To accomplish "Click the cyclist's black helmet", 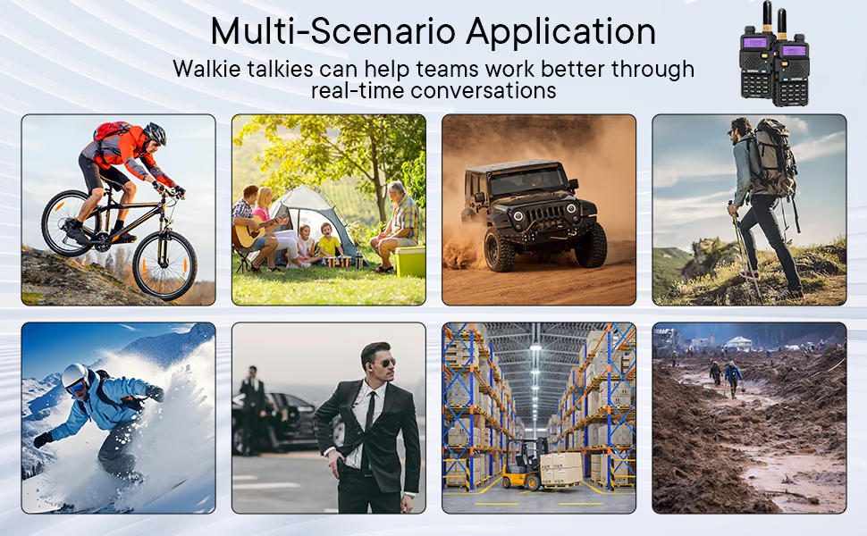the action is point(155,133).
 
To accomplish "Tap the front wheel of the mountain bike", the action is point(164,265).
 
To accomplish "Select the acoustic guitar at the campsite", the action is point(251,232).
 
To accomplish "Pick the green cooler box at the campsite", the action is point(409,261).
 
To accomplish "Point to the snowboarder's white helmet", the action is point(75,376).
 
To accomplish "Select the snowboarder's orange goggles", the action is point(76,387).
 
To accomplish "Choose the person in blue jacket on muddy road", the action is point(733,378).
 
